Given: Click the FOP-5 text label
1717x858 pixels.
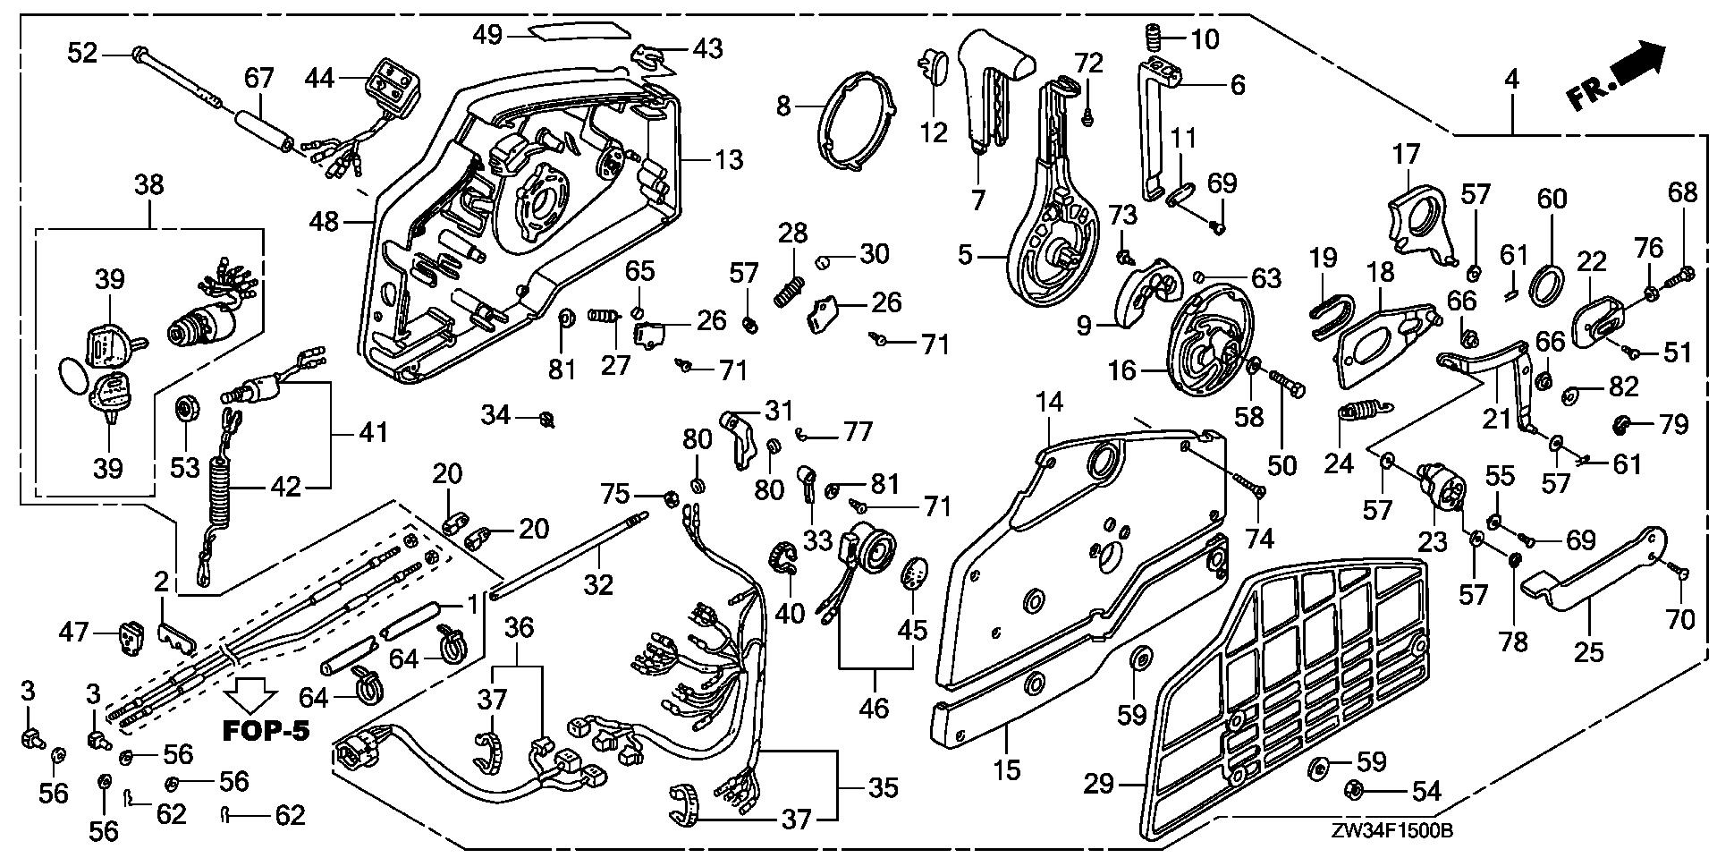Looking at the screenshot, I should (266, 731).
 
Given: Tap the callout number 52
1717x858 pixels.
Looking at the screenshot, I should (82, 54).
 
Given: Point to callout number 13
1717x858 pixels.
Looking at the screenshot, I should (729, 160).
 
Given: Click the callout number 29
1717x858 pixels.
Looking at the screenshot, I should (1098, 785).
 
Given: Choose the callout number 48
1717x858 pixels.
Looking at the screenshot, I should (326, 220).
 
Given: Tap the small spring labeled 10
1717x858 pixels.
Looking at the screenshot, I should (1155, 38).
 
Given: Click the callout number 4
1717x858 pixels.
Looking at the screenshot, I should (1510, 79).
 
